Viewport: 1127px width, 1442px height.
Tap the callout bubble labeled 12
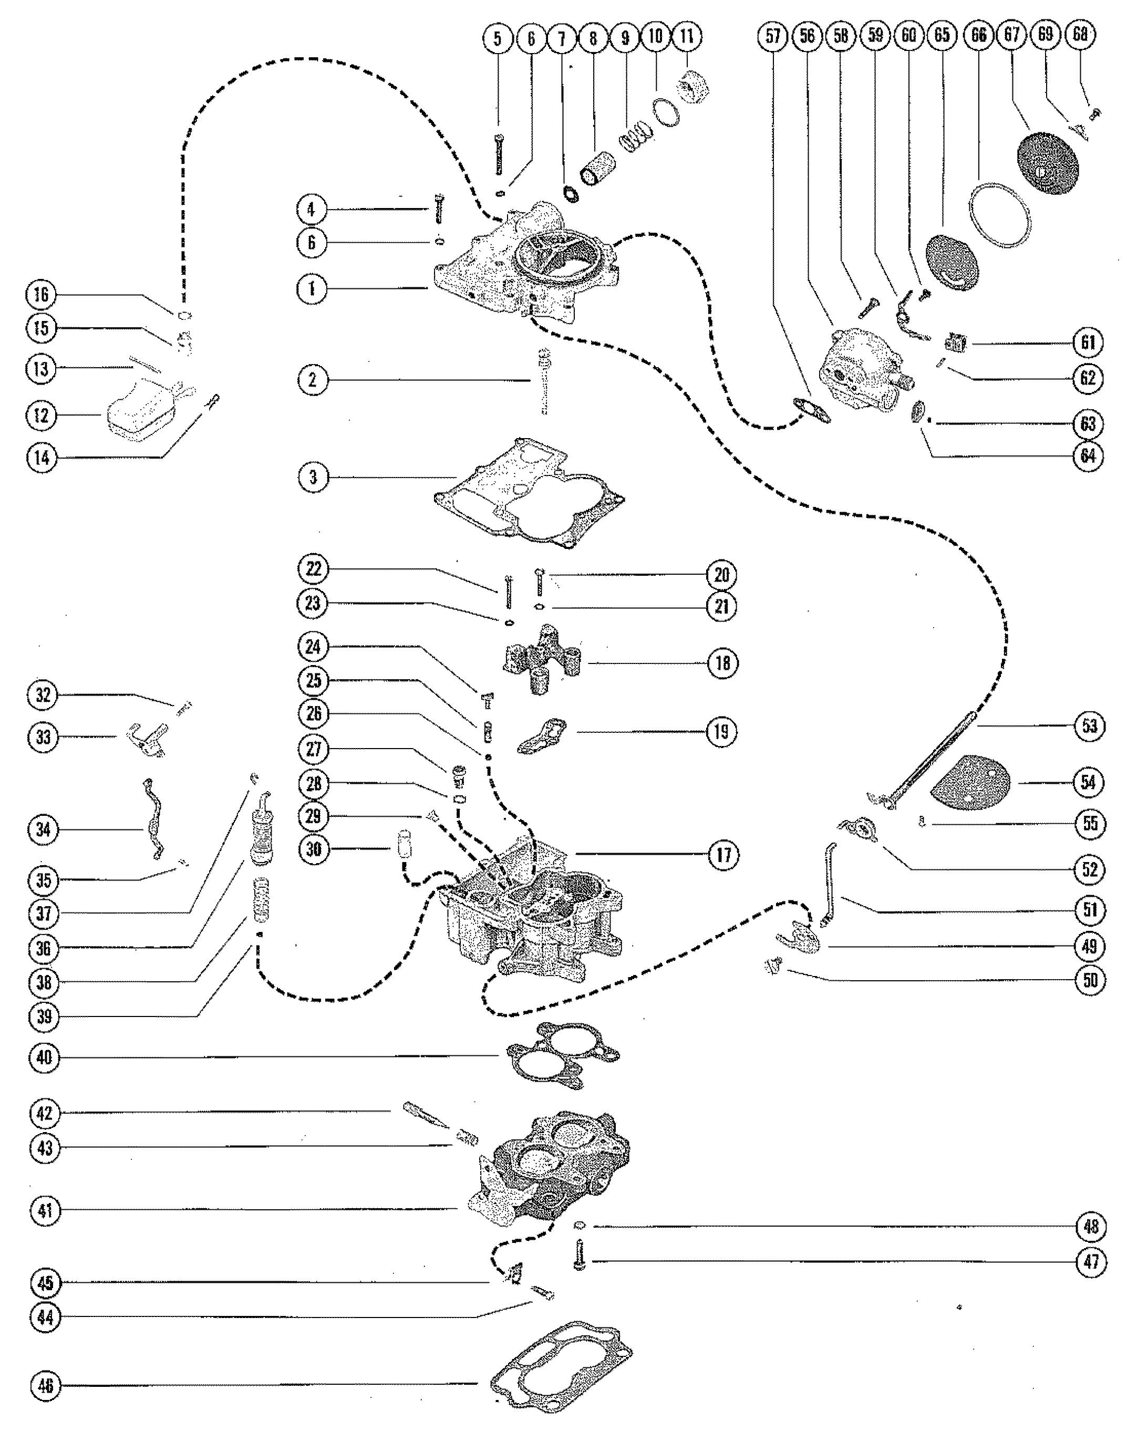pos(42,416)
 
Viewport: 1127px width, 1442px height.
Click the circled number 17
pos(723,854)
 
